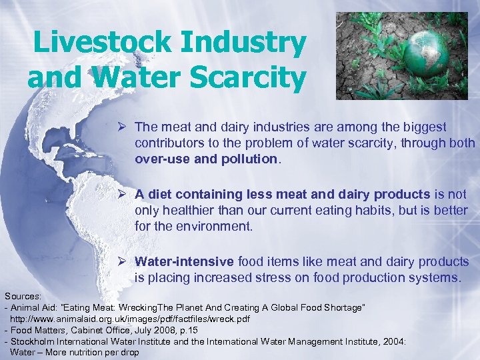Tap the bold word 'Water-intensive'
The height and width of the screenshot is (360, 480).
tap(183, 262)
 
